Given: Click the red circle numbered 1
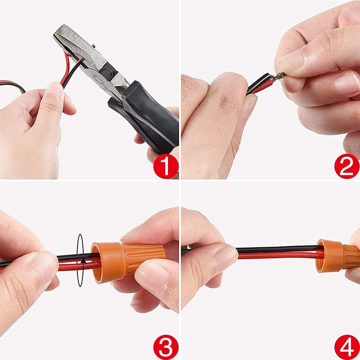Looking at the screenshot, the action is [166, 166].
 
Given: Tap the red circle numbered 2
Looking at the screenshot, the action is [346, 166].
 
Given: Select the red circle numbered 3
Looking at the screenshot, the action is [166, 347].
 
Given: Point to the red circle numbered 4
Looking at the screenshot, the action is [346, 347].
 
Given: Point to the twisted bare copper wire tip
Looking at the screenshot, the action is [279, 76].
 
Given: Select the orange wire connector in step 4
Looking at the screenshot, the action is [338, 256].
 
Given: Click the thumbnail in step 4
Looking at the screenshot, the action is [226, 254].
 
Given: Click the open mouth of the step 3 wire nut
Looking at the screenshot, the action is [96, 263].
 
